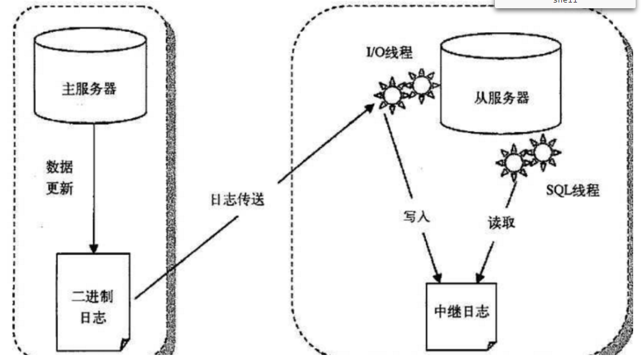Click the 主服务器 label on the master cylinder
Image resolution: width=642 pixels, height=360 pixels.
click(90, 88)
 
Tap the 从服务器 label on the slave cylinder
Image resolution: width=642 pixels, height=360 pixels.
click(501, 97)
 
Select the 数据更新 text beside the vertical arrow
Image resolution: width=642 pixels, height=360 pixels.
click(60, 178)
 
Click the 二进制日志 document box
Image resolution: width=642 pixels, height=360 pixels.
click(93, 302)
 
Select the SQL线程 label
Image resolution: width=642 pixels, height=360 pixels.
click(572, 190)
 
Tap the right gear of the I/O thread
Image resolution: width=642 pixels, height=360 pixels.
click(421, 83)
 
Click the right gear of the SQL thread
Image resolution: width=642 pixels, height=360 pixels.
click(542, 151)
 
